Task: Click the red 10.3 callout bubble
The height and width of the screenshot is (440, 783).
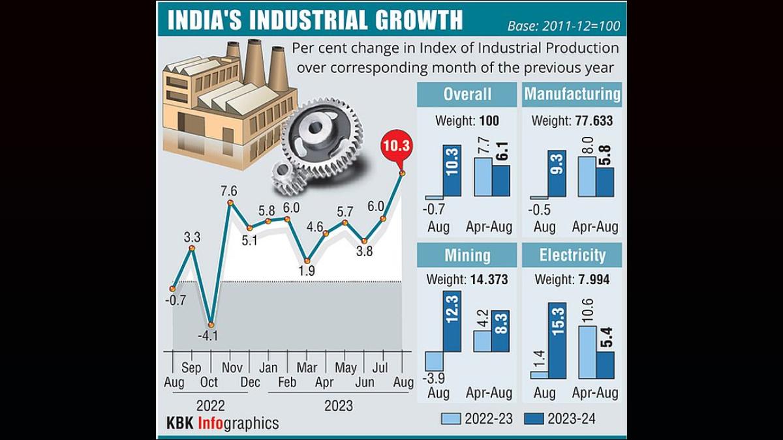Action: tap(397, 147)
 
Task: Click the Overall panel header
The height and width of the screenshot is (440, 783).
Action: tap(467, 94)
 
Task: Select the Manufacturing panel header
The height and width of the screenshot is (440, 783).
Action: tap(572, 94)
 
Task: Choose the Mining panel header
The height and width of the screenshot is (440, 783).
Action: tap(467, 254)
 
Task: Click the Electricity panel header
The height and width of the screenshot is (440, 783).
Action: tap(572, 254)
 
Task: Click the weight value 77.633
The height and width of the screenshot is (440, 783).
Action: tap(595, 121)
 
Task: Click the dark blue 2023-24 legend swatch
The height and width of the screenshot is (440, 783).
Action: tap(532, 419)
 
